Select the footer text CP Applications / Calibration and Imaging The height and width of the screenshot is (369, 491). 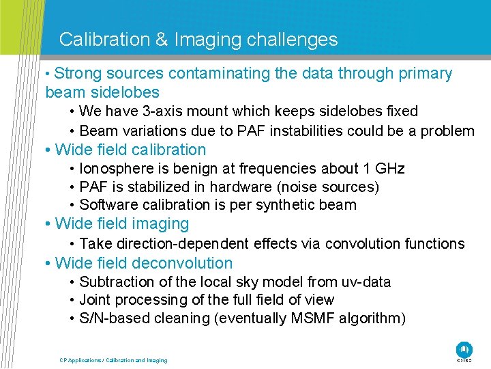point(113,360)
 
